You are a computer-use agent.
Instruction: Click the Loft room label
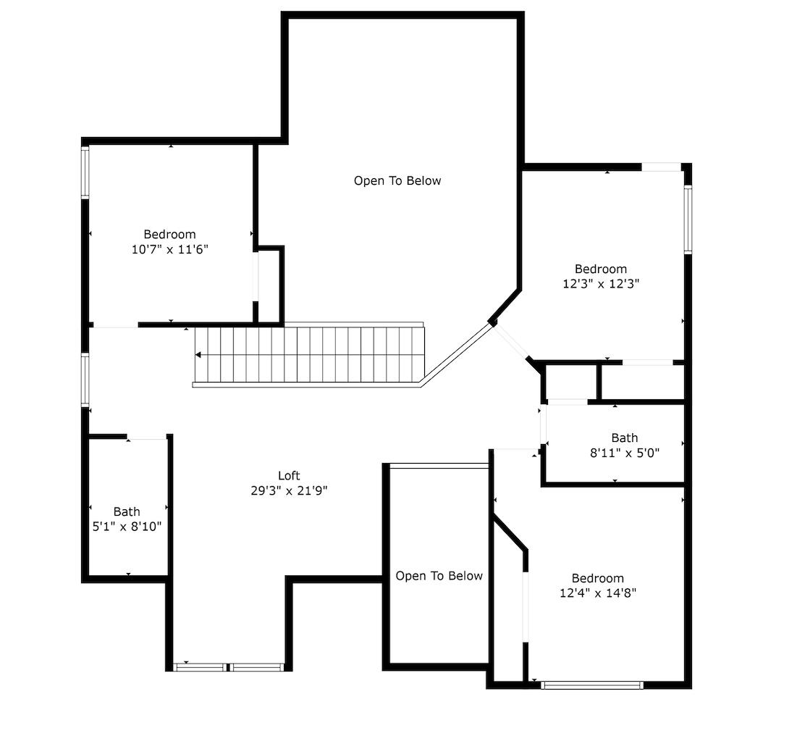point(289,475)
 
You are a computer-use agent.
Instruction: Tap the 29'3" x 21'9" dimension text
point(289,490)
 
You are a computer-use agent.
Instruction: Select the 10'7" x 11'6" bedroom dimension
point(169,249)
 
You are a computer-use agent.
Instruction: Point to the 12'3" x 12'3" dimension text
point(601,284)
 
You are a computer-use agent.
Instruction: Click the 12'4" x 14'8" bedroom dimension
point(598,593)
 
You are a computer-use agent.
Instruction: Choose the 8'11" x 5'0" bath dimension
point(625,453)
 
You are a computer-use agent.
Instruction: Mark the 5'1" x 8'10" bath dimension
point(127,527)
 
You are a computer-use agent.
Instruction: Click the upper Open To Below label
point(397,180)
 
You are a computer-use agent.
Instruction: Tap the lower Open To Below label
point(439,576)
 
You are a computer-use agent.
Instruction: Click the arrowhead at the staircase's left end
point(198,355)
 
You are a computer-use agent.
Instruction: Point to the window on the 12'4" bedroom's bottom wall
point(591,685)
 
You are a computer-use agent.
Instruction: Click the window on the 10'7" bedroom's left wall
point(85,172)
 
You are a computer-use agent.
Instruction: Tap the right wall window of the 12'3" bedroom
point(688,219)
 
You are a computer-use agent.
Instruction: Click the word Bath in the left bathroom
point(127,511)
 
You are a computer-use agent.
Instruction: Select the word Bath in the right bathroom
point(625,438)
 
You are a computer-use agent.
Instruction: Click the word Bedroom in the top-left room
point(169,234)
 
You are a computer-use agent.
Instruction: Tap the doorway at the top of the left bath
point(148,438)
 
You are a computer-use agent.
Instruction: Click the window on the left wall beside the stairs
point(85,379)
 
